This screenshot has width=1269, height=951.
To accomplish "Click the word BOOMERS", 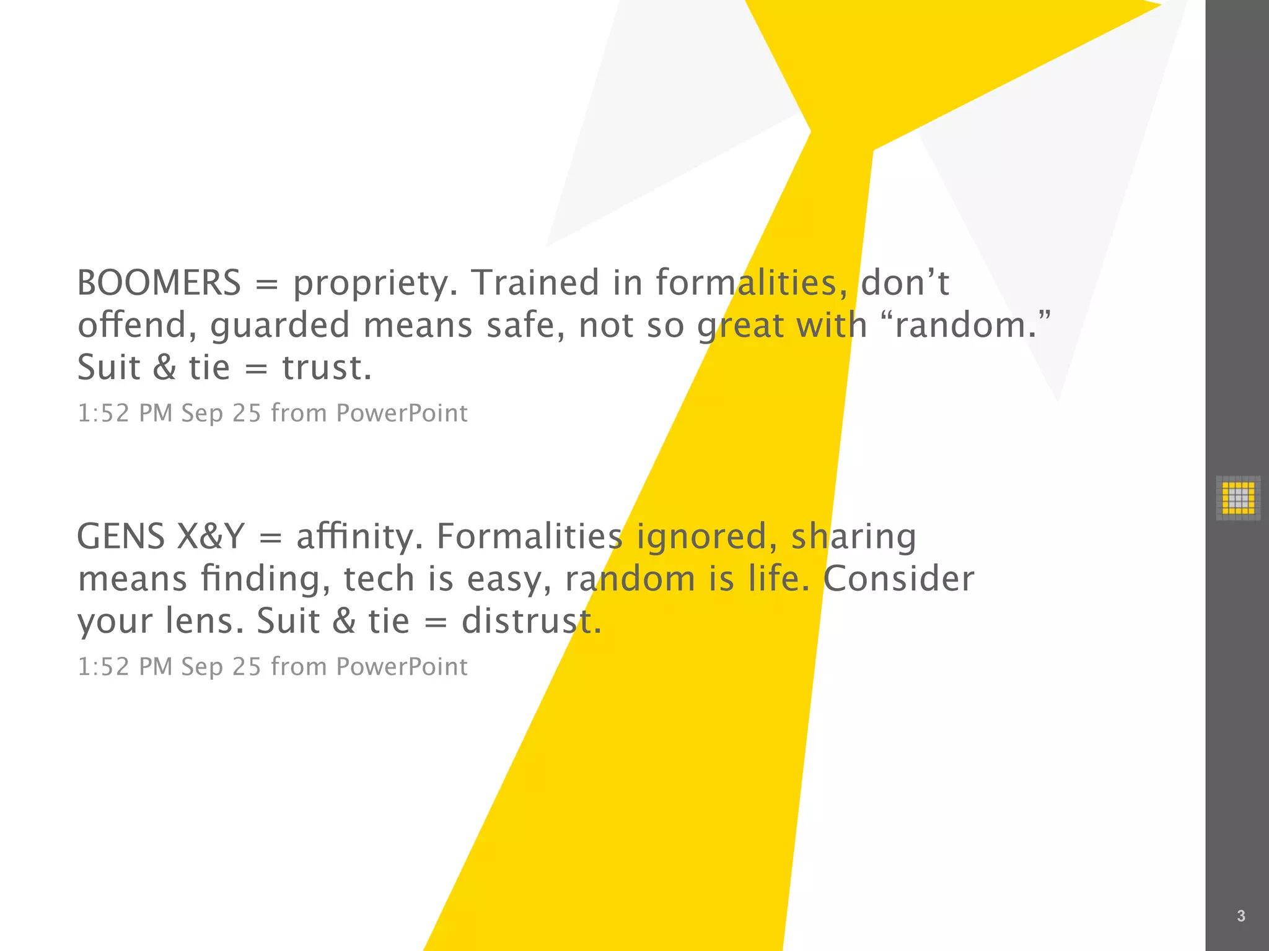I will pos(159,283).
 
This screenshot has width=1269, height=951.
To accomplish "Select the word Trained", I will pos(535,283).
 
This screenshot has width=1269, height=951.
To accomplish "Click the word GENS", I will pos(121,537).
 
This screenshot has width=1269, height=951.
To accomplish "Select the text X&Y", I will pos(211,537).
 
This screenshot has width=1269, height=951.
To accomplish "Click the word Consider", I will pos(898,579).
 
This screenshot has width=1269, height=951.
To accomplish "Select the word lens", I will pos(204,621).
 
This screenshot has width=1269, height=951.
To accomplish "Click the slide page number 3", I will pos(1240,916).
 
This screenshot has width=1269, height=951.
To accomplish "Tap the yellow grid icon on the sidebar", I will pos(1237,497).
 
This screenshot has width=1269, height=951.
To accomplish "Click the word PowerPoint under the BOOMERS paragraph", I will pos(402,414).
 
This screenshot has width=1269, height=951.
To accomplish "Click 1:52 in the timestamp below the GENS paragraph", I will pos(103,667).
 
